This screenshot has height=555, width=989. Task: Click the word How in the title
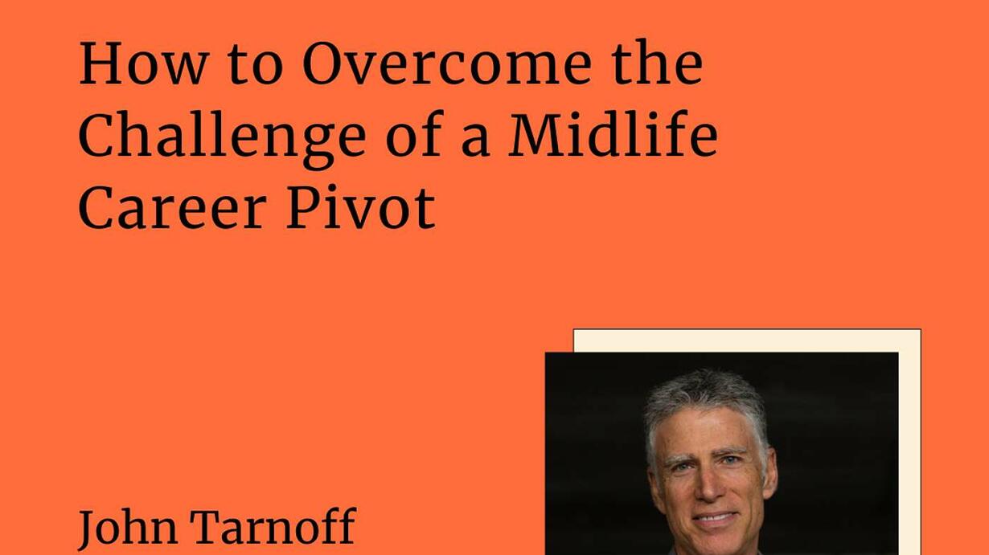click(x=144, y=63)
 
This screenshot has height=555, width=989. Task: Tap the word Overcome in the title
click(x=447, y=63)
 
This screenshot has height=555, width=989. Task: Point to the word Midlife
click(x=614, y=134)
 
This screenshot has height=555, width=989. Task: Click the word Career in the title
click(x=173, y=208)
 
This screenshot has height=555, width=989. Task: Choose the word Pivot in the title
click(x=361, y=208)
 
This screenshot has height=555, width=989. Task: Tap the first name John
click(x=129, y=527)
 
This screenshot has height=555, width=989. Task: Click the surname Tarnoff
click(x=273, y=526)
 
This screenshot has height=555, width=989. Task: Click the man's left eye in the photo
click(x=730, y=460)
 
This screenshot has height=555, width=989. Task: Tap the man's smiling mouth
click(x=714, y=518)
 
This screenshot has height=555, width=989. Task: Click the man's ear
click(x=770, y=472)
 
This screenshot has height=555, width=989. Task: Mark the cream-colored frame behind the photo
click(x=909, y=441)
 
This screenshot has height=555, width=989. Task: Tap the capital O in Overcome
click(x=325, y=63)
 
